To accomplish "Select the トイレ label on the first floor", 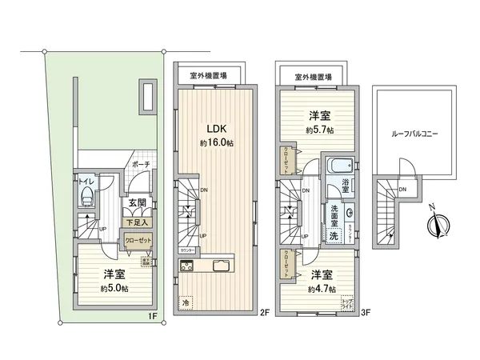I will coord(85,183).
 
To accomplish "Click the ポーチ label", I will coord(142,165).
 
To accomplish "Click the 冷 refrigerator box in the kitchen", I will coord(186,303).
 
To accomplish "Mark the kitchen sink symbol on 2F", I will coord(222,266).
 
